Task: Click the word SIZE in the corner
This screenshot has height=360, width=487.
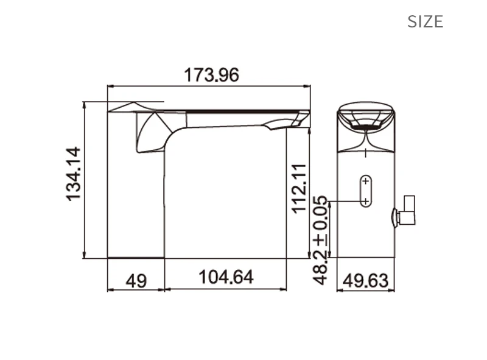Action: point(425,22)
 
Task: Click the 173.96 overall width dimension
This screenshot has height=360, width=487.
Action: point(211,75)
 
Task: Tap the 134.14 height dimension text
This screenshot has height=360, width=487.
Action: point(74,174)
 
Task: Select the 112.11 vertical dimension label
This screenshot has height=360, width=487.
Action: point(300,189)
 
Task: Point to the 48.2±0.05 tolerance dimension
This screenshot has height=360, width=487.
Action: point(320,240)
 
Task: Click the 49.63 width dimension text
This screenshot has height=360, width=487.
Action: point(366,281)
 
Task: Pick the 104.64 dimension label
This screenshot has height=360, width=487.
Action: point(226,277)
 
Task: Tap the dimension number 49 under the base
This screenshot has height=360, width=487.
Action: point(136,281)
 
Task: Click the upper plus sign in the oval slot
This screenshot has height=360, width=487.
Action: point(366,181)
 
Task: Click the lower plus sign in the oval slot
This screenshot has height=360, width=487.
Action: point(366,201)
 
